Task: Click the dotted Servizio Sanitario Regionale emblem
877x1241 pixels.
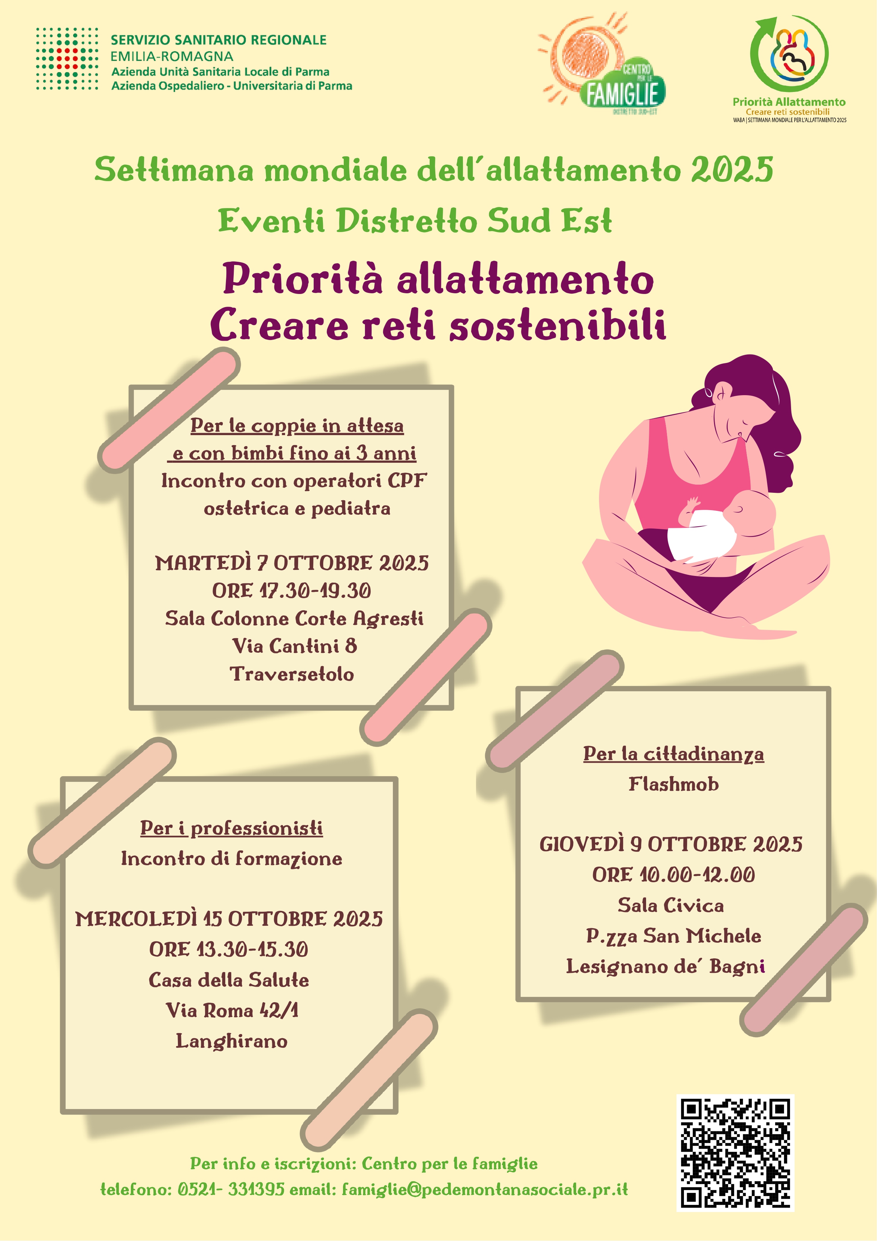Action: point(67,58)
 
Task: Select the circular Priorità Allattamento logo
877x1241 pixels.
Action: point(789,53)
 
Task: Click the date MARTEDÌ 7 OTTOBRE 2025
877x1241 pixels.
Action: point(292,563)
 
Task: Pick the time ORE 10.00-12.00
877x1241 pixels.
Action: point(673,875)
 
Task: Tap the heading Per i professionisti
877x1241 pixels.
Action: point(231,828)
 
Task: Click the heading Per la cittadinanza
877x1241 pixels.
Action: point(673,754)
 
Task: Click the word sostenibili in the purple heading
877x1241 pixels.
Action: point(558,325)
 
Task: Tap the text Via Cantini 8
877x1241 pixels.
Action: point(295,646)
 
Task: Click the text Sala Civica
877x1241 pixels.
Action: point(670,905)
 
